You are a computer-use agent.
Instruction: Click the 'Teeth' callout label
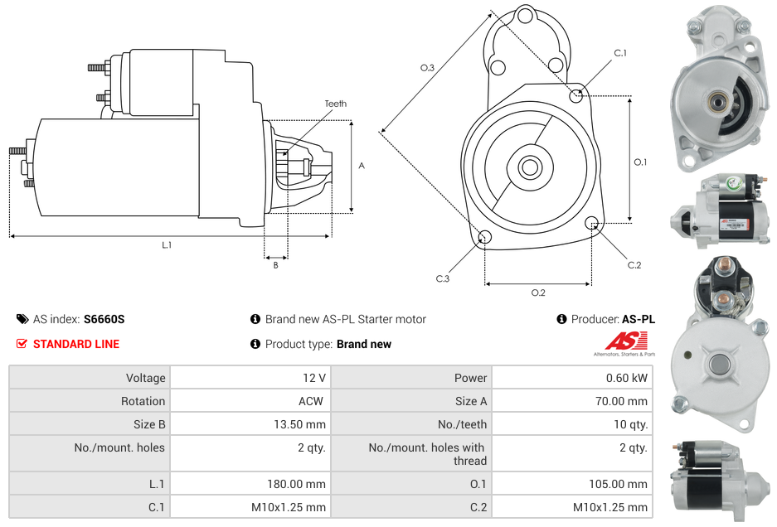335,104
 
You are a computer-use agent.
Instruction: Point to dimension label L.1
167,244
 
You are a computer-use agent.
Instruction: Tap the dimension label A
362,166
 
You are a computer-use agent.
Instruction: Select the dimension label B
275,265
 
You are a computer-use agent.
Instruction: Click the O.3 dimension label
428,68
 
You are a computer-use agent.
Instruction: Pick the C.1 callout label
619,54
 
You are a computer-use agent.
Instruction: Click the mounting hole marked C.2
592,223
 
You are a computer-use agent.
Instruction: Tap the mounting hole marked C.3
485,239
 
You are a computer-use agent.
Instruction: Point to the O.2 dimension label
538,292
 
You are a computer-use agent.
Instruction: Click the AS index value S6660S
104,319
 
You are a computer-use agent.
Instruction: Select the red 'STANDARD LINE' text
76,344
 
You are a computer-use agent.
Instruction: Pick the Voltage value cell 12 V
314,378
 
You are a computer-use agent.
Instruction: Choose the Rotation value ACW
313,401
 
